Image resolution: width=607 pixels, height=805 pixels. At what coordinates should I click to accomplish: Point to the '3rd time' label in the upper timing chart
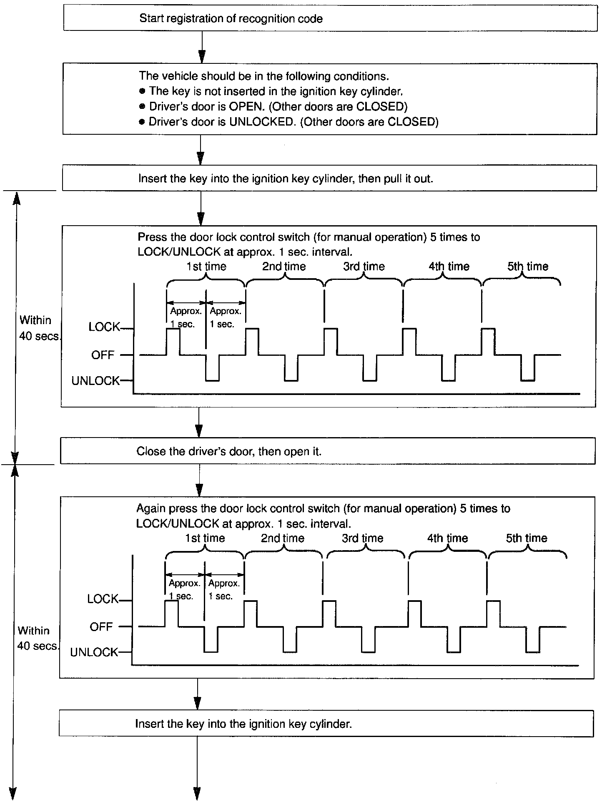pos(364,267)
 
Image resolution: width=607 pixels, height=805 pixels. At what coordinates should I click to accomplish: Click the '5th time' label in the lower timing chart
pos(526,538)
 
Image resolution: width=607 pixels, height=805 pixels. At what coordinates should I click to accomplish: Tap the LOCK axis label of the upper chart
pos(104,327)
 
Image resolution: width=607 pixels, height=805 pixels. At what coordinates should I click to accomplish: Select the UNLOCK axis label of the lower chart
pos(94,652)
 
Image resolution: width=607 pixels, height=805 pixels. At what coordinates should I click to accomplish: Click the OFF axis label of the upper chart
pos(103,355)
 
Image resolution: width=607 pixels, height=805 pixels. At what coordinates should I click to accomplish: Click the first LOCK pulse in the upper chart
pos(173,341)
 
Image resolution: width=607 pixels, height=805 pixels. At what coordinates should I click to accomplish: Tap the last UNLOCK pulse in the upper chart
pos(528,369)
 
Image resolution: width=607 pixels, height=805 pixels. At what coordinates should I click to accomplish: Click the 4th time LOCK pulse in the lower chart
pos(414,613)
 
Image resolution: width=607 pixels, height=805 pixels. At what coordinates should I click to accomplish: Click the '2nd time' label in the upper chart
pos(283,267)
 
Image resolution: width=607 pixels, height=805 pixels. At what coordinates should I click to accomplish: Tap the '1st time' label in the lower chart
pos(205,538)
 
